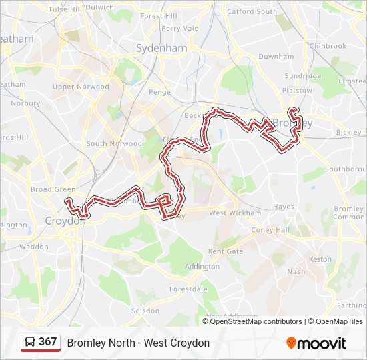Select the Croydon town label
[x=65, y=221]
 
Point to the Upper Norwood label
[x=81, y=87]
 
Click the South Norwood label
[x=114, y=143]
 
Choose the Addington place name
[x=202, y=267]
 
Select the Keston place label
[x=320, y=259]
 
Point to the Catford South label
[x=252, y=11]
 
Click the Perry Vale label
[x=180, y=29]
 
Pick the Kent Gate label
[x=226, y=252]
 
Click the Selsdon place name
[x=145, y=311]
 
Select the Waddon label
[x=34, y=246]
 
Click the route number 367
[x=47, y=342]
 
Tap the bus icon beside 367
[x=31, y=342]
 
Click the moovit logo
[x=316, y=343]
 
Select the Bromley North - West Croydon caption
[x=138, y=343]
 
